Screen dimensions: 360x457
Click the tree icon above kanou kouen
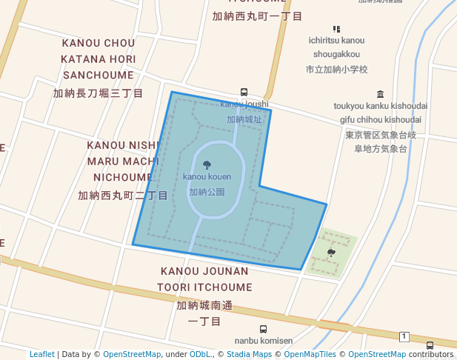coord(207,164)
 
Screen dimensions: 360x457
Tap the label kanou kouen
coord(207,177)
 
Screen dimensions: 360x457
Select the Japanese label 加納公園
coord(207,192)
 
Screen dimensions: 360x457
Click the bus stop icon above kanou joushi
coord(244,93)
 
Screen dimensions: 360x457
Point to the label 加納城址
coord(244,119)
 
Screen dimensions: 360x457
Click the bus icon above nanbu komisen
coord(263,329)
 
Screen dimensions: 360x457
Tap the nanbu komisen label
coord(264,341)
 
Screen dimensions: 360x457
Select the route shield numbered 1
coord(404,337)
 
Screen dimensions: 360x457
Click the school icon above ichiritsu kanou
coord(337,28)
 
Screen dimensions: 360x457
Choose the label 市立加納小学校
coord(337,70)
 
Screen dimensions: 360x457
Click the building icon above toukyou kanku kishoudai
coord(381,94)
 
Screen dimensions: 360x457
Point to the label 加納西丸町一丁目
coord(257,16)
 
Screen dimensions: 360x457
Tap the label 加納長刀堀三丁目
coord(98,93)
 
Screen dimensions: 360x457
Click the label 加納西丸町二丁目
coord(122,196)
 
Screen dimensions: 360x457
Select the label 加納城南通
coord(204,305)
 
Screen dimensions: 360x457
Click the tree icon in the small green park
coord(331,253)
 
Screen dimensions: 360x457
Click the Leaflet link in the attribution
coord(41,354)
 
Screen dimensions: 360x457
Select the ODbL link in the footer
coord(201,354)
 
